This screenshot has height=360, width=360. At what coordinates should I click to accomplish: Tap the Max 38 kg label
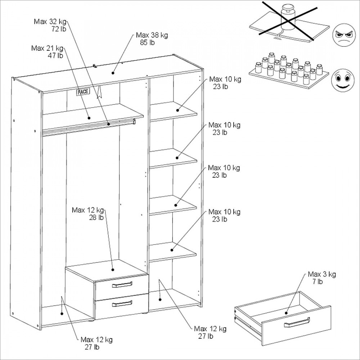pyautogui.click(x=152, y=35)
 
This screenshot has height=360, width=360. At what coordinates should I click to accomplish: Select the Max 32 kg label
pyautogui.click(x=50, y=21)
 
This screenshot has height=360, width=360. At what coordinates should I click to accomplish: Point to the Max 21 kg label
pyautogui.click(x=47, y=48)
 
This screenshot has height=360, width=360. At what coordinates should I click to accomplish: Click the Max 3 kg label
pyautogui.click(x=321, y=275)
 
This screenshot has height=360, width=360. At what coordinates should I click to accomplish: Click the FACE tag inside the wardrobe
pyautogui.click(x=82, y=92)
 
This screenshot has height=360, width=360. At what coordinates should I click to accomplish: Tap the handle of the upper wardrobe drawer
pyautogui.click(x=122, y=285)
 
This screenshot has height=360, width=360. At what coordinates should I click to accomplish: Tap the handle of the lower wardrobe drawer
pyautogui.click(x=122, y=304)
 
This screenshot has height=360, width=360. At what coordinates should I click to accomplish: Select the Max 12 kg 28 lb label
pyautogui.click(x=88, y=210)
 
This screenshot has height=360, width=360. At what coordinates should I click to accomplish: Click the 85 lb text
pyautogui.click(x=147, y=42)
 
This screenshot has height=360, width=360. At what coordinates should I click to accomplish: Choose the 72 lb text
pyautogui.click(x=59, y=28)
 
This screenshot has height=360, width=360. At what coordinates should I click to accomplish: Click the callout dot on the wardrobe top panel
pyautogui.click(x=113, y=73)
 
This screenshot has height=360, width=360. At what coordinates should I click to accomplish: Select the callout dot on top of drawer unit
pyautogui.click(x=113, y=269)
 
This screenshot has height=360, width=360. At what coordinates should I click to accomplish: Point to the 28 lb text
pyautogui.click(x=96, y=217)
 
